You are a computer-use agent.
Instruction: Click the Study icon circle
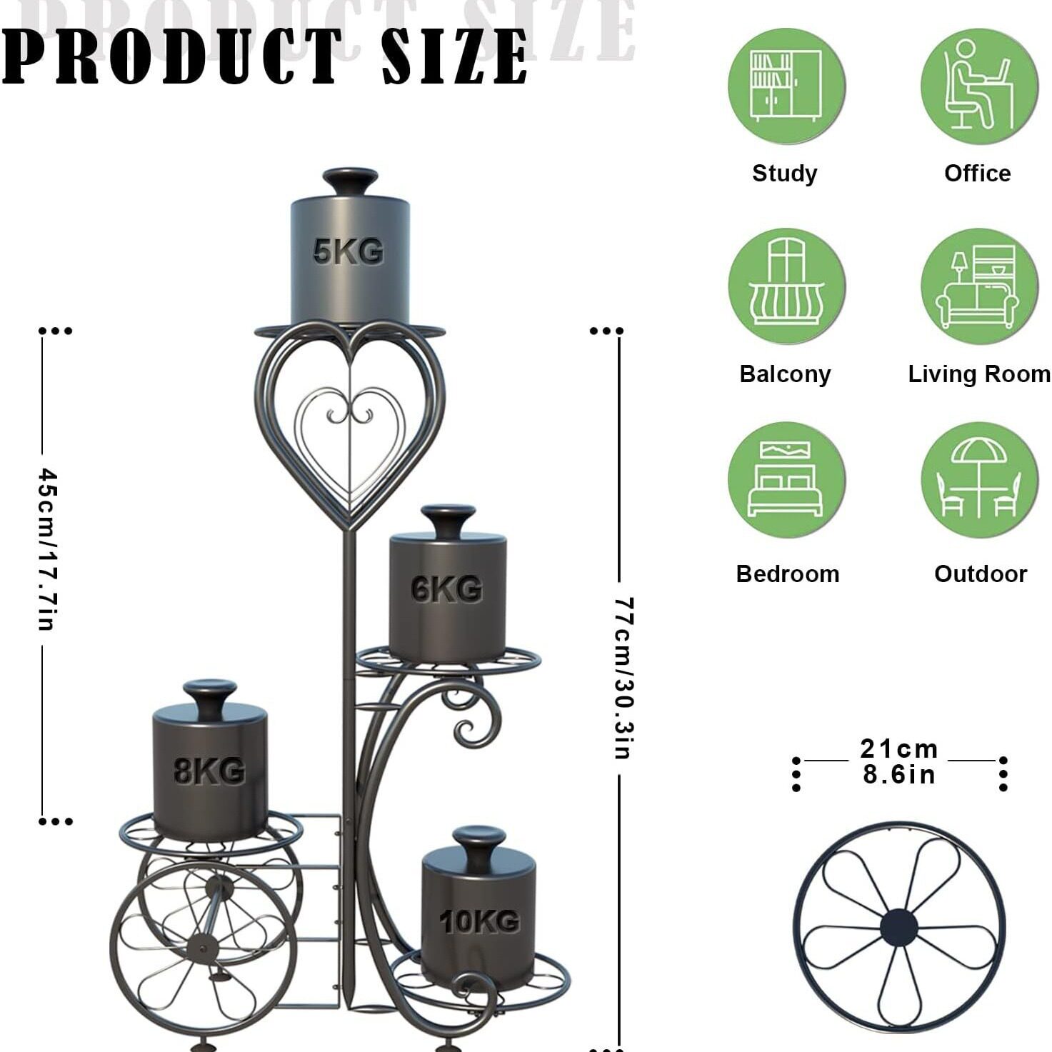[786, 86]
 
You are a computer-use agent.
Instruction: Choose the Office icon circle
[979, 86]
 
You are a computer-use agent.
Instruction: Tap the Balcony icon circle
[786, 286]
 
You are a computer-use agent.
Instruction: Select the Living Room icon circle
[979, 286]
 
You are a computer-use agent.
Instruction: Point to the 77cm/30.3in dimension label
[623, 678]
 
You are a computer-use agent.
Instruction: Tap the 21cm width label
[898, 749]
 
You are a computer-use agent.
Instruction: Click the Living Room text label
[979, 374]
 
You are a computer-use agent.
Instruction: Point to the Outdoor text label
[981, 573]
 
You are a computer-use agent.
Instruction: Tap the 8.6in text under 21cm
[898, 775]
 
